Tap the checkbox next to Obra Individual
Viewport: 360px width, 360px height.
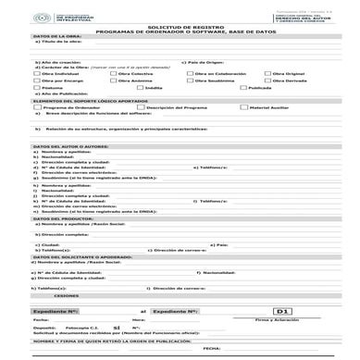pos(37,72)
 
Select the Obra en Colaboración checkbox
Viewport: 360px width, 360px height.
pos(188,72)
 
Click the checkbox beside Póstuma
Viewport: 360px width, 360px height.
pos(37,89)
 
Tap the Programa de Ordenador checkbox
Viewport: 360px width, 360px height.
pos(37,107)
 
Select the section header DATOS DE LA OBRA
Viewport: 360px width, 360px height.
pos(56,38)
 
